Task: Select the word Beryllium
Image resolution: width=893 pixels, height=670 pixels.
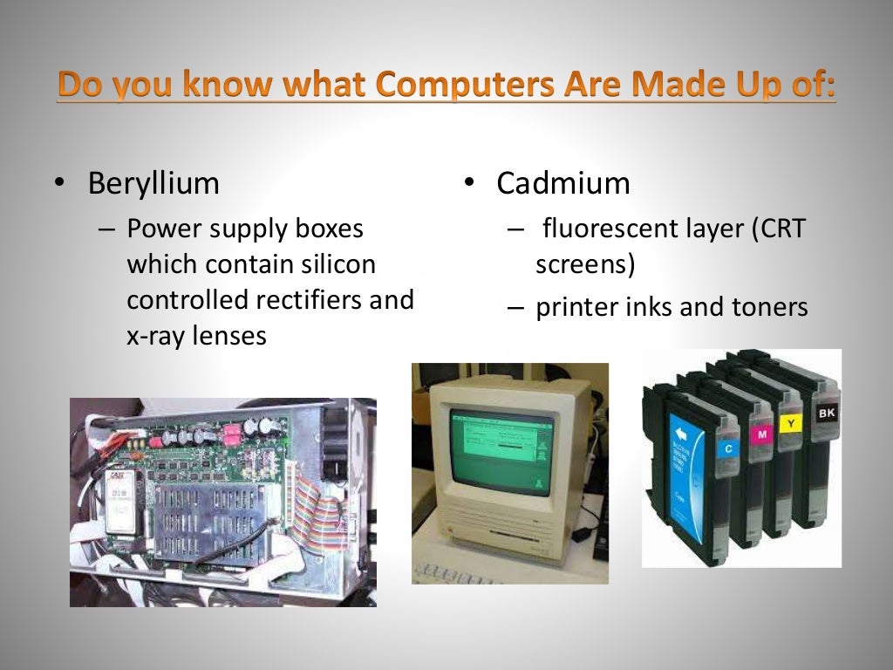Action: [153, 184]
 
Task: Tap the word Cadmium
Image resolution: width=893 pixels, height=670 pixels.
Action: [563, 184]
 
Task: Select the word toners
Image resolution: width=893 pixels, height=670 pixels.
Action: [768, 307]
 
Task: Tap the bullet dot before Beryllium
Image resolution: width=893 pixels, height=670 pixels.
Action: [58, 184]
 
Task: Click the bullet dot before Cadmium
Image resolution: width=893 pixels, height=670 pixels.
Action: [468, 182]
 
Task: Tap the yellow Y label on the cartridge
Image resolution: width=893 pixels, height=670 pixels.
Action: [789, 423]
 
